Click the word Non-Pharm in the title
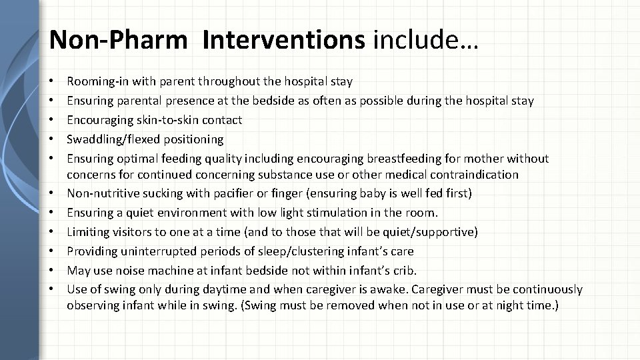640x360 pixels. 119,41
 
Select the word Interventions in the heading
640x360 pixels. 285,41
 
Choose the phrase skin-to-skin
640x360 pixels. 161,120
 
